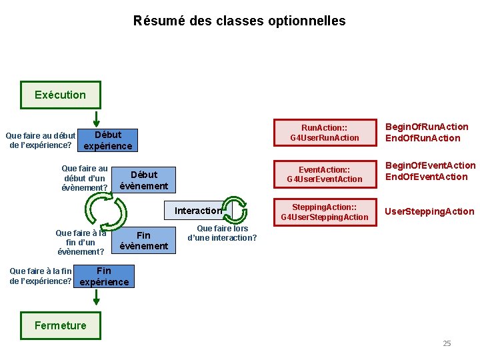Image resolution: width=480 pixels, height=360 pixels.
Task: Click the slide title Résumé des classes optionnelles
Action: [x=239, y=21]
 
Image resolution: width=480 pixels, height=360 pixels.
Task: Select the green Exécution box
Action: [x=60, y=95]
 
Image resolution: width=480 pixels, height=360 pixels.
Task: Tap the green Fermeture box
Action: [x=61, y=325]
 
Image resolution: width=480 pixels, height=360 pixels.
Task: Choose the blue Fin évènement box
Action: [x=143, y=241]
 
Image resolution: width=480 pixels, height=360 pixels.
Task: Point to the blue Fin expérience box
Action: [x=104, y=276]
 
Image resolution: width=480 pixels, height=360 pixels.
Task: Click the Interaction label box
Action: [x=197, y=211]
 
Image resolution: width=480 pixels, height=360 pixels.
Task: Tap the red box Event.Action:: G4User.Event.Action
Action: [x=324, y=173]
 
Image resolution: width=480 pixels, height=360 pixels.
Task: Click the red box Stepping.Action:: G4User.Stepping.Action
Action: [x=324, y=211]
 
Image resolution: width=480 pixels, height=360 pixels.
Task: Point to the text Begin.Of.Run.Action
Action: [x=427, y=127]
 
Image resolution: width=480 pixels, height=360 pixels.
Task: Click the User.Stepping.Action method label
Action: [x=429, y=211]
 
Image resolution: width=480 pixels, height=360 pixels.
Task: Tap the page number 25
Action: [x=447, y=343]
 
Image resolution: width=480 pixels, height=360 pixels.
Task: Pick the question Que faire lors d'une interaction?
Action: [x=222, y=233]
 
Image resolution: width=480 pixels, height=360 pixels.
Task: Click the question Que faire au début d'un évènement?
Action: [x=85, y=179]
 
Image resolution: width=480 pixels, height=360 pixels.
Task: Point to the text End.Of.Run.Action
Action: [x=423, y=138]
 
